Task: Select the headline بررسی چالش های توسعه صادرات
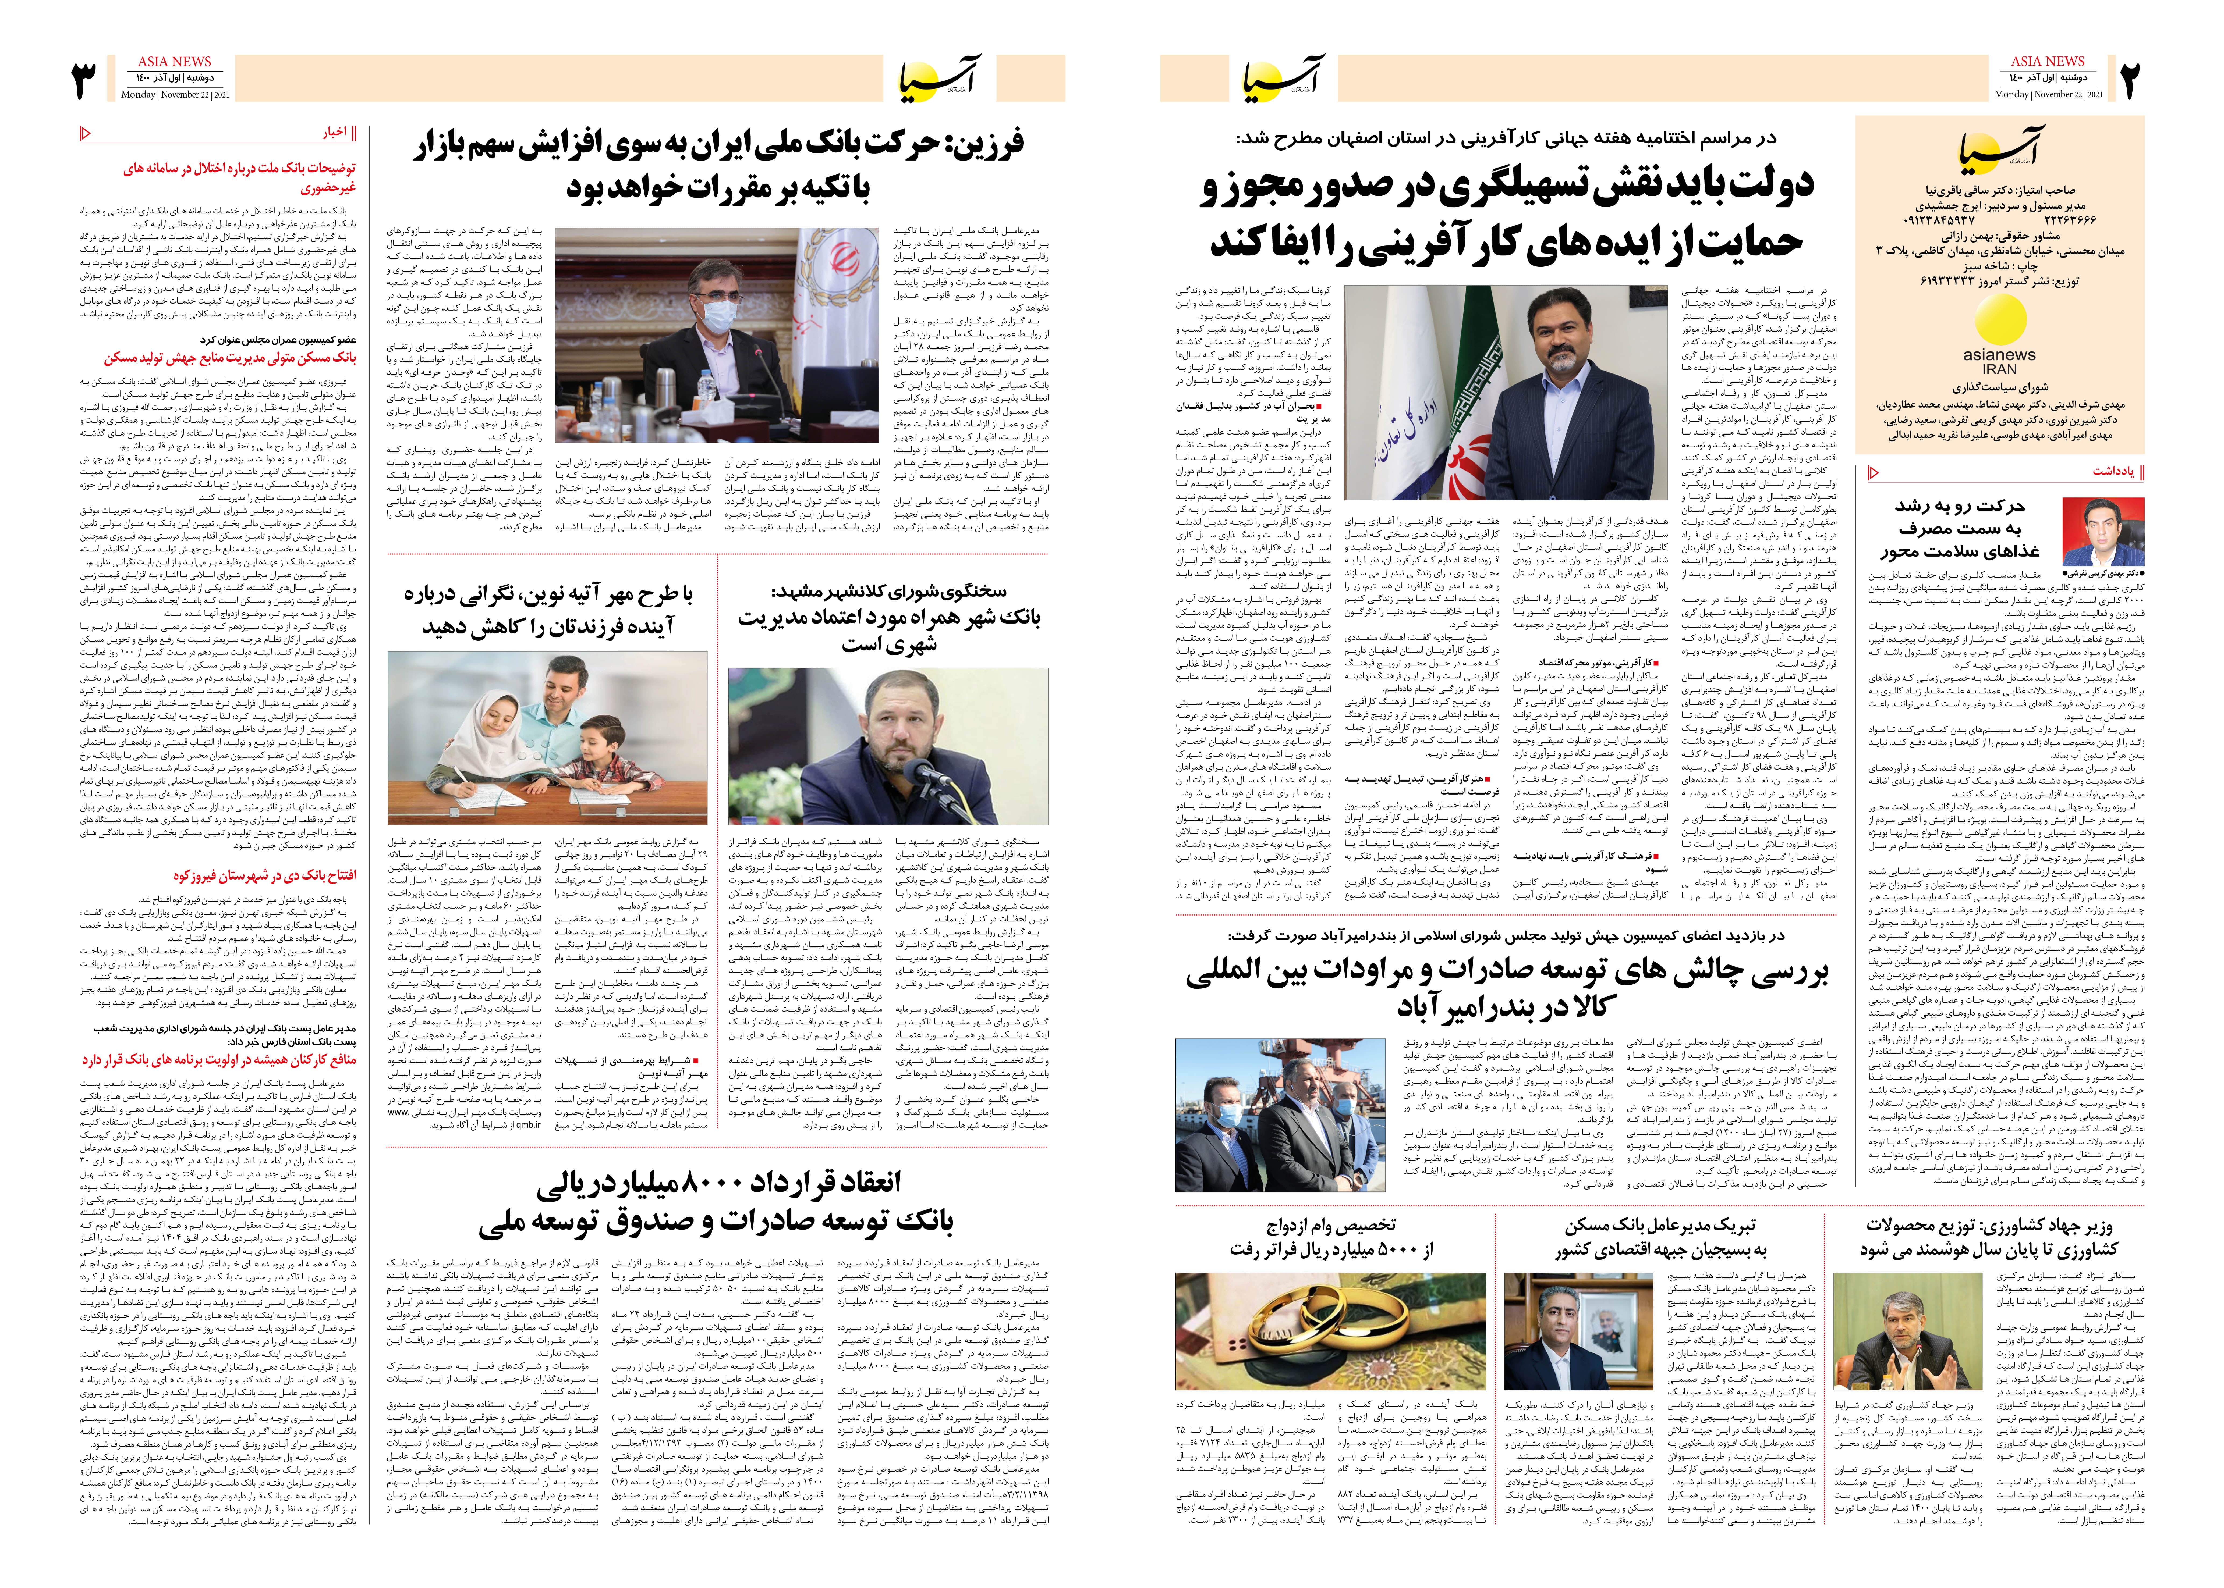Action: pyautogui.click(x=1506, y=1291)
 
